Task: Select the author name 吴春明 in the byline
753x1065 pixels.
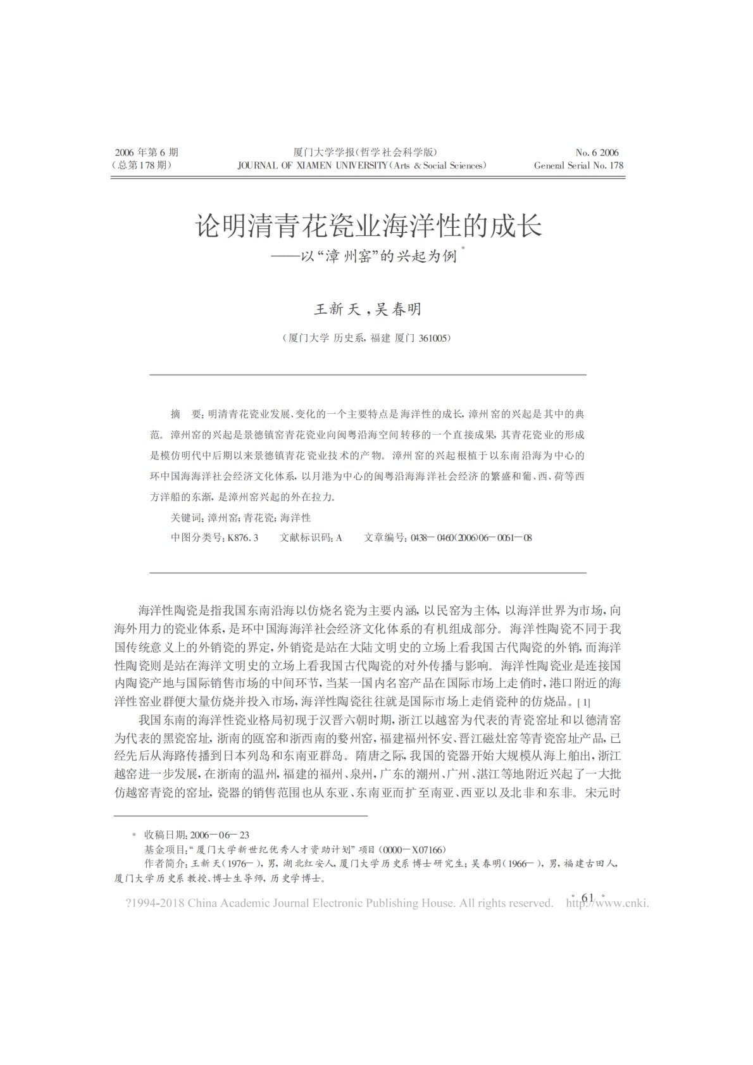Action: [x=398, y=309]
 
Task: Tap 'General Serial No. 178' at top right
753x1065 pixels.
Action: [x=578, y=166]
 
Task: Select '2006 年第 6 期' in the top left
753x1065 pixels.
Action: [x=146, y=153]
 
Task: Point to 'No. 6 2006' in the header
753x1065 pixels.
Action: [x=597, y=153]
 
